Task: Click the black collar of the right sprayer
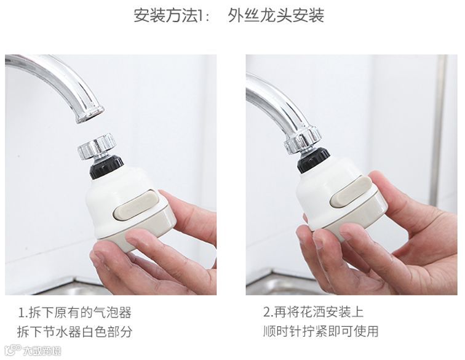point(313,160)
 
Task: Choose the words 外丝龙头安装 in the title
point(276,15)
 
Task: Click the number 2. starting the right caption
point(268,312)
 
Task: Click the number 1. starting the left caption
point(23,313)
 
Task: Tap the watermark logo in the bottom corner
point(33,351)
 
